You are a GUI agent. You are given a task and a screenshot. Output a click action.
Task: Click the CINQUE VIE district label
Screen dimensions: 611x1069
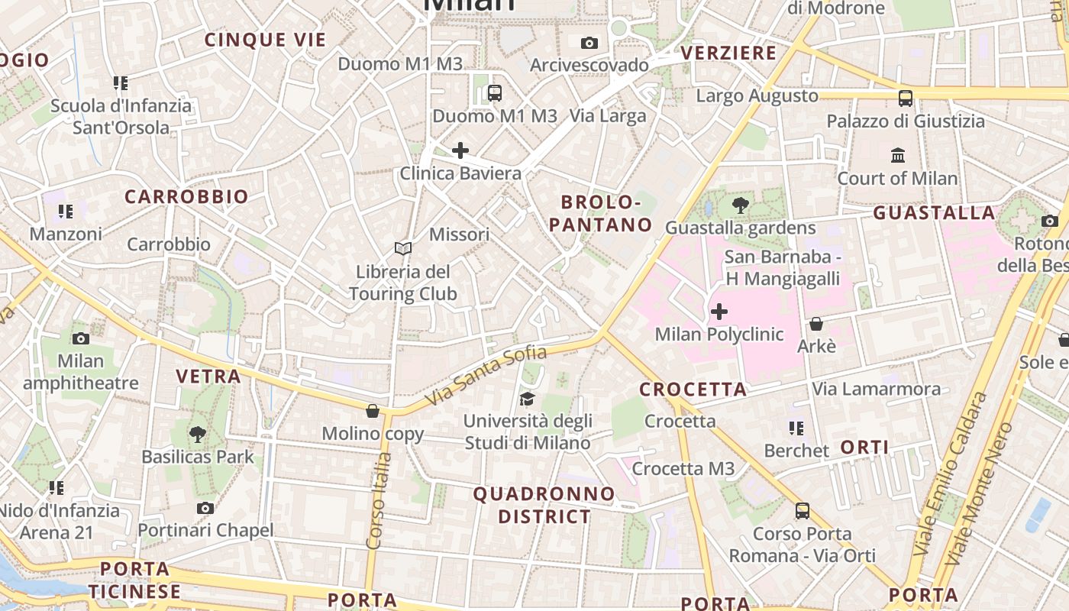pyautogui.click(x=265, y=40)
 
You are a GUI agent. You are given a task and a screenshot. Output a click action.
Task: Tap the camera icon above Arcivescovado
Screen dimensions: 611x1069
pyautogui.click(x=589, y=43)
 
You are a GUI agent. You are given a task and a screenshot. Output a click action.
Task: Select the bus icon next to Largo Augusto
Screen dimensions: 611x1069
pyautogui.click(x=905, y=98)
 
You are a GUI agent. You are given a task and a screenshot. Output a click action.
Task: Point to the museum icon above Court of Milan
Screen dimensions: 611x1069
pyautogui.click(x=898, y=156)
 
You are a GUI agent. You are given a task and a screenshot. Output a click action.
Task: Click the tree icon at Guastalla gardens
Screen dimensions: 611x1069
pyautogui.click(x=739, y=205)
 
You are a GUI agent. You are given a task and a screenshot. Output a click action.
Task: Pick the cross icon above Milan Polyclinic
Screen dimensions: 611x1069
pyautogui.click(x=719, y=312)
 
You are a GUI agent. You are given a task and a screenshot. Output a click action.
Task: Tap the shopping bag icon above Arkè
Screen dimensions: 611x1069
pyautogui.click(x=815, y=324)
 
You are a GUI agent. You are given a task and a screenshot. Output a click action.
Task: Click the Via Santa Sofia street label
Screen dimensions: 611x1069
pyautogui.click(x=486, y=376)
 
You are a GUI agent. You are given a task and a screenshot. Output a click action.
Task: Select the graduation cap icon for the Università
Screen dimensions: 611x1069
pyautogui.click(x=527, y=399)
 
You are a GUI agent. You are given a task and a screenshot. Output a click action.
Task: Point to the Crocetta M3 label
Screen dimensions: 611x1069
pyautogui.click(x=683, y=468)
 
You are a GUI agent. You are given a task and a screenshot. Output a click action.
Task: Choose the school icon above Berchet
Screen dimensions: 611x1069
pyautogui.click(x=796, y=428)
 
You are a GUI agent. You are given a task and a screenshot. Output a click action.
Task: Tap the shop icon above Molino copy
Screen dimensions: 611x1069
pyautogui.click(x=373, y=411)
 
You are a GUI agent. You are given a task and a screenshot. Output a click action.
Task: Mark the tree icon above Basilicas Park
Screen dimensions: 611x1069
pyautogui.click(x=197, y=435)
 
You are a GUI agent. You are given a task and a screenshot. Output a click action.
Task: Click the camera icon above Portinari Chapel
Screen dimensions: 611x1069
pyautogui.click(x=205, y=508)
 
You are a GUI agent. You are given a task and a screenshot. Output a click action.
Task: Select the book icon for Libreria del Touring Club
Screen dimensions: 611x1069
pyautogui.click(x=402, y=248)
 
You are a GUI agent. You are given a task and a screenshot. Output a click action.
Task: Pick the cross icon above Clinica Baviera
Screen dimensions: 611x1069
pyautogui.click(x=460, y=150)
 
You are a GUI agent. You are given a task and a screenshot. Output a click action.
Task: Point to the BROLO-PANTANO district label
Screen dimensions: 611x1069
pyautogui.click(x=607, y=213)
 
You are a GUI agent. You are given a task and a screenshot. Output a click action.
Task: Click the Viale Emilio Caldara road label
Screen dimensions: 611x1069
pyautogui.click(x=951, y=474)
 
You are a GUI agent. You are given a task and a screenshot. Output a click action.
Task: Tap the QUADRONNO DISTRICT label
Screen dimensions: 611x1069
pyautogui.click(x=544, y=505)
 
